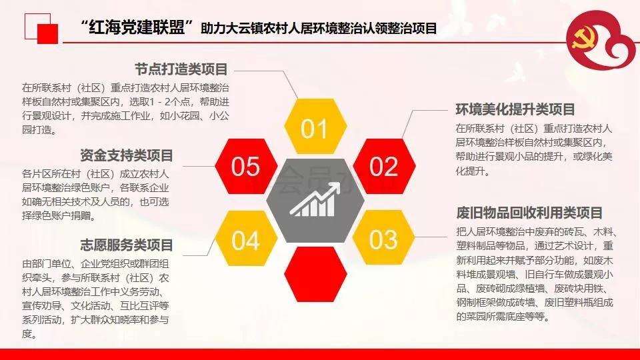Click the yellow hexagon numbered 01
click(x=315, y=126)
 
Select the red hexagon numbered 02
click(x=384, y=166)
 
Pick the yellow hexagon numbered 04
click(x=246, y=239)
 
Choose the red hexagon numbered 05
click(x=246, y=166)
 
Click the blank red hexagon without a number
click(x=315, y=274)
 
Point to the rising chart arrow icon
click(x=315, y=200)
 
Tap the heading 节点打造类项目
click(x=181, y=69)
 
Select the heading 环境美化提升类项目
click(x=515, y=109)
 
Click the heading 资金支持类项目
click(x=127, y=155)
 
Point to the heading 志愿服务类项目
click(x=127, y=245)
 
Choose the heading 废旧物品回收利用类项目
click(x=529, y=213)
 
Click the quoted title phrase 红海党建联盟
click(x=137, y=27)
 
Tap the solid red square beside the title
click(x=48, y=33)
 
